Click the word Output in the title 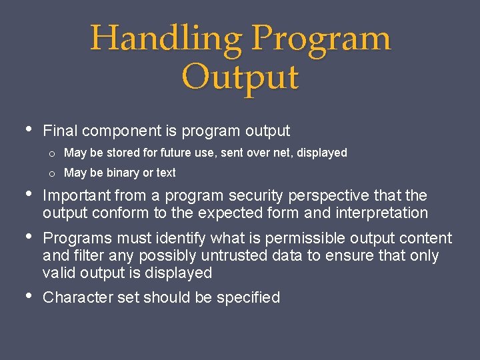(x=240, y=77)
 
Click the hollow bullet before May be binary (x=51, y=173)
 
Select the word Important (x=77, y=195)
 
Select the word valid (x=59, y=273)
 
